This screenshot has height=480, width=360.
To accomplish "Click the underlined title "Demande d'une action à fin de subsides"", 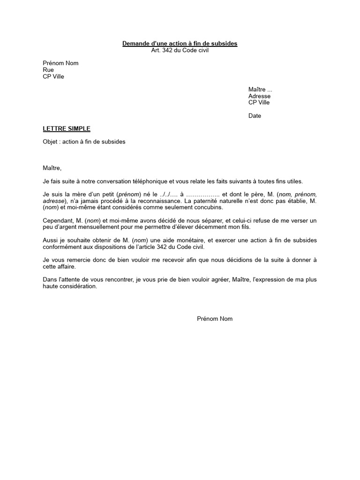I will coord(180,44).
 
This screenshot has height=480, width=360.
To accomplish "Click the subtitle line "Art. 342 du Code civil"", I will coord(180,50).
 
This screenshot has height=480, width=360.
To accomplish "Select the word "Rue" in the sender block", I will coord(48,70).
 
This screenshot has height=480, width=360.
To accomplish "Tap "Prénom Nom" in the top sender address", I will coord(60,63).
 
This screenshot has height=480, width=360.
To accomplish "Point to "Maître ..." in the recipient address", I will coord(260,90).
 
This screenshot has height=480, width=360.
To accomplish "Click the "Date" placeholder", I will coord(255,116).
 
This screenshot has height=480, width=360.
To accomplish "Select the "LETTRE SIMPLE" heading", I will coord(67,128).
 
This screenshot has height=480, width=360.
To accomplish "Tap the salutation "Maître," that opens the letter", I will coord(52,168).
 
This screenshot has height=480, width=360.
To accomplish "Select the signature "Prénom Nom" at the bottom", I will coord(214,319).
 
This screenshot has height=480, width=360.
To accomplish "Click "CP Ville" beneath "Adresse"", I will coord(259,103).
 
